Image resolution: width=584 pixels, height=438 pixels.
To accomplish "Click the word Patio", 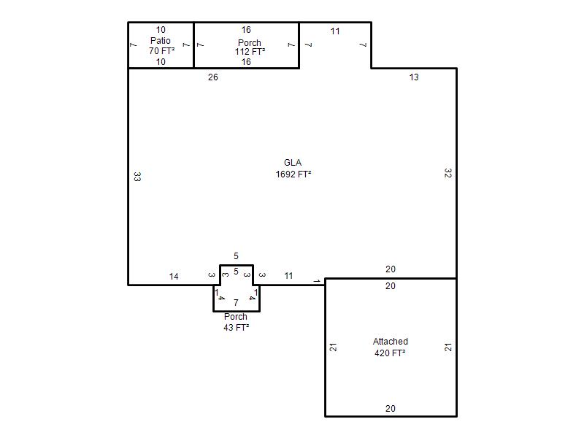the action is [x=161, y=40].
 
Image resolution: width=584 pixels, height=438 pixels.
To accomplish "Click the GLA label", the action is [x=293, y=163].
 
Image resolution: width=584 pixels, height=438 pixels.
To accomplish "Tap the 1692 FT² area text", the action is [x=293, y=174].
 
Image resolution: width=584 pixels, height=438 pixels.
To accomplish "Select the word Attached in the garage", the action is [x=391, y=341].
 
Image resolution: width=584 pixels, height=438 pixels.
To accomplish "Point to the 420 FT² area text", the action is [x=390, y=353].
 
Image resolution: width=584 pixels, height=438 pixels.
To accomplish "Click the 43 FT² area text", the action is [x=236, y=327].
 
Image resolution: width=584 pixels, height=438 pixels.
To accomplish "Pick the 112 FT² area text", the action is [x=250, y=51].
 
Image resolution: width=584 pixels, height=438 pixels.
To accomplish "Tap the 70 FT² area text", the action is [x=161, y=50].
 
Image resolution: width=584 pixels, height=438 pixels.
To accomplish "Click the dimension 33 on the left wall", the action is [x=137, y=177].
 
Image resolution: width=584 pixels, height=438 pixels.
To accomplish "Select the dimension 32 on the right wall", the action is [x=448, y=173].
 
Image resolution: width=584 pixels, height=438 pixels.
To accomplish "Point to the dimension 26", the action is [x=213, y=77].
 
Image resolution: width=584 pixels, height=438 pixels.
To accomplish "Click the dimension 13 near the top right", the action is [x=414, y=77].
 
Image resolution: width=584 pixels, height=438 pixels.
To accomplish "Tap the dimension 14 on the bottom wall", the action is [x=174, y=277].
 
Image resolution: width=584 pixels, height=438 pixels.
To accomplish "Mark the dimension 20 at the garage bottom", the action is [x=391, y=409].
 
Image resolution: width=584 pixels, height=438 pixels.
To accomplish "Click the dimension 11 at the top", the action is [x=335, y=31].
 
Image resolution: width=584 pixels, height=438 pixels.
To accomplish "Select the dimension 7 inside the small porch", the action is [x=236, y=303].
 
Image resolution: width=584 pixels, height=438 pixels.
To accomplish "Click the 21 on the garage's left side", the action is [x=334, y=347].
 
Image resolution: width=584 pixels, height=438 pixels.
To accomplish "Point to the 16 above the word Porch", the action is [x=246, y=30].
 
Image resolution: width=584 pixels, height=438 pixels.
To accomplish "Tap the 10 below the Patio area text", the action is [x=161, y=62].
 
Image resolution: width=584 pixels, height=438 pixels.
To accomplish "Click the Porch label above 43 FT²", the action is [x=235, y=317].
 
